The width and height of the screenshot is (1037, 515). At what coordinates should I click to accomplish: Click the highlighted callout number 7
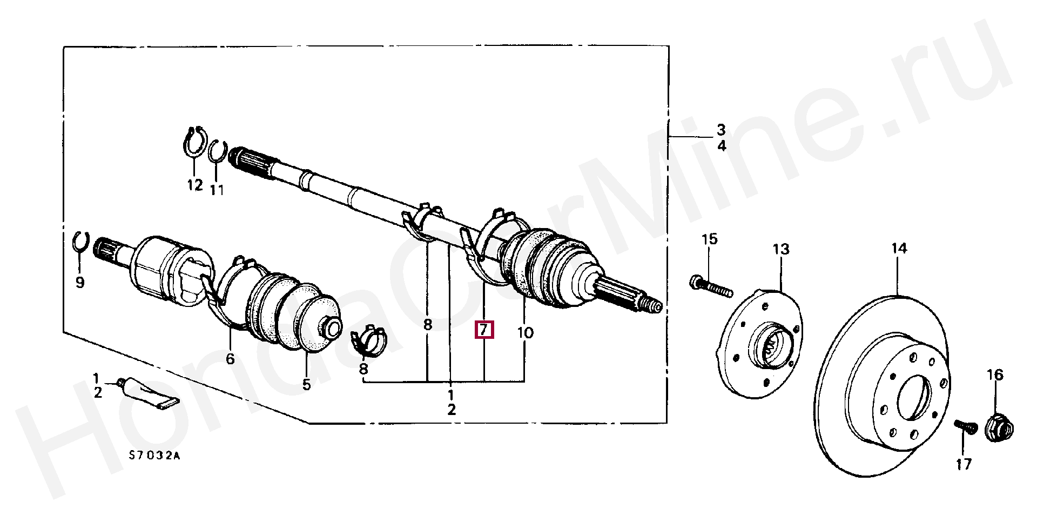click(483, 329)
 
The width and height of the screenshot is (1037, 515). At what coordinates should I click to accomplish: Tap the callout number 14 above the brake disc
click(899, 248)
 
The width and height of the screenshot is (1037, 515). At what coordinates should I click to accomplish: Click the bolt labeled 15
click(711, 286)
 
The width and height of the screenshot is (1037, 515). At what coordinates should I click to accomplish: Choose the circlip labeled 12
click(194, 143)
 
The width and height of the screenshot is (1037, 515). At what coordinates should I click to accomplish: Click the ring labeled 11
click(217, 151)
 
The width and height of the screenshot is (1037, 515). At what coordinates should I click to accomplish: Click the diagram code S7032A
click(154, 456)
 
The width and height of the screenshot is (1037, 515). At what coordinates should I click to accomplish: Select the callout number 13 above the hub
click(781, 249)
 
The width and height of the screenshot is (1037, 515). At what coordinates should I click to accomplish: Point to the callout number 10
click(525, 332)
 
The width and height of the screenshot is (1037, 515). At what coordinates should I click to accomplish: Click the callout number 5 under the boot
click(306, 384)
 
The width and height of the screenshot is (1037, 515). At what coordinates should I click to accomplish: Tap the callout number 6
click(230, 359)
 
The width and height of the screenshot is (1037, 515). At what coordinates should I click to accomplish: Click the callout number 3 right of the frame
click(721, 130)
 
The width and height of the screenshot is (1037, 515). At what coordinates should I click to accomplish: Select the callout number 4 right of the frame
click(722, 145)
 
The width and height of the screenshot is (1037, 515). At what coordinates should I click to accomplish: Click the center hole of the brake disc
click(914, 398)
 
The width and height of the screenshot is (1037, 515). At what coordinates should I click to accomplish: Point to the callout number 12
click(194, 185)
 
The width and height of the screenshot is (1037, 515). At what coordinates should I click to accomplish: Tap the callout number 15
click(709, 239)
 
